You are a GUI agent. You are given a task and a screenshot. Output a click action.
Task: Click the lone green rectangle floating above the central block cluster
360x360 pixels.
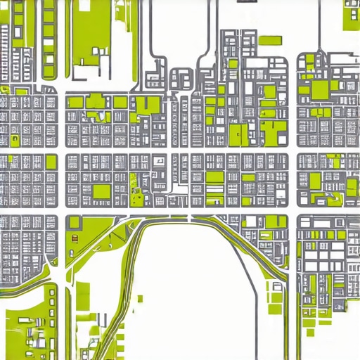pos(268,39)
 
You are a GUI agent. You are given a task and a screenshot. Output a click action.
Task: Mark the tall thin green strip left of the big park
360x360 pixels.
pos(49,39)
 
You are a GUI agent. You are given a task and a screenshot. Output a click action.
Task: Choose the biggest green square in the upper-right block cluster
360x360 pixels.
pos(321,89)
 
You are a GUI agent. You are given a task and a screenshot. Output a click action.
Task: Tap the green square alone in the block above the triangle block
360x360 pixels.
pos(101,191)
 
